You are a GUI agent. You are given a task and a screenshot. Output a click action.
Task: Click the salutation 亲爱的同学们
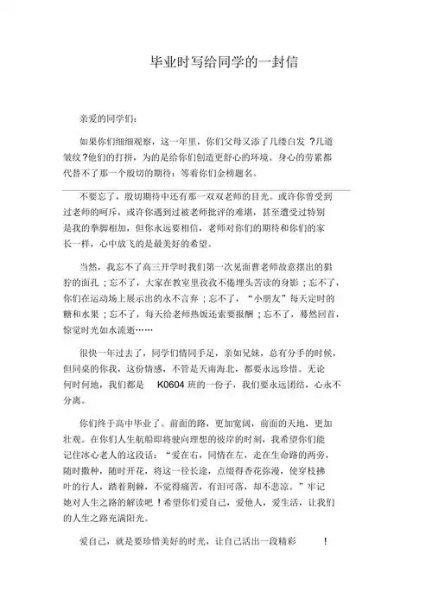tap(108, 118)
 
